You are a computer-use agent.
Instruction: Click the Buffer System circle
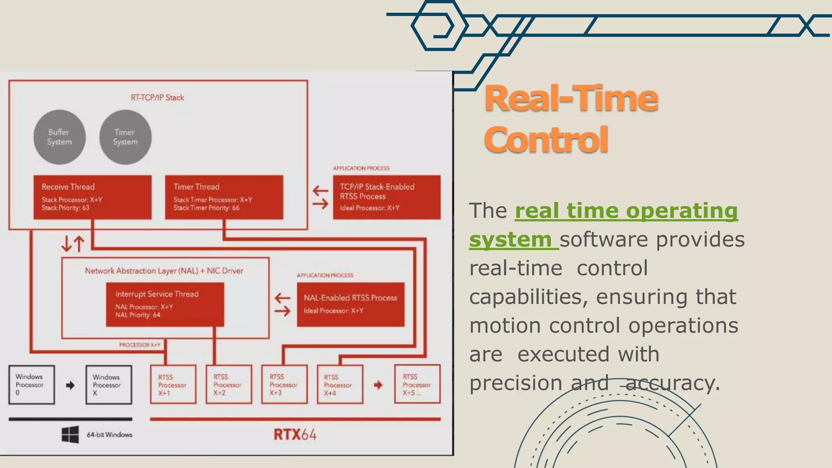[59, 137]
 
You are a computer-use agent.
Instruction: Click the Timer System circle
[125, 137]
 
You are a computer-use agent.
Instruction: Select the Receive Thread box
[93, 197]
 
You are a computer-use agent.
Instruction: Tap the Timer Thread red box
[224, 197]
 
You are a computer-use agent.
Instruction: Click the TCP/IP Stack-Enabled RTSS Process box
[386, 197]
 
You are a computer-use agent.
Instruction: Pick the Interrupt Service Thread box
[165, 305]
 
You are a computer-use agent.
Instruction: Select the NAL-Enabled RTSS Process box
[351, 305]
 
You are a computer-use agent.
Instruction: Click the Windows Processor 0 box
[32, 385]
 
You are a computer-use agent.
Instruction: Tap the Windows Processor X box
[108, 385]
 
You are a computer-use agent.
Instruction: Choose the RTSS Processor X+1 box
[173, 385]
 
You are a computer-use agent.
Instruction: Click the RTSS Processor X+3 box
[284, 385]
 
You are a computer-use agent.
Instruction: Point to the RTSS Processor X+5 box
[417, 385]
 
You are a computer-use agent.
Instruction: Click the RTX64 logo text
[295, 435]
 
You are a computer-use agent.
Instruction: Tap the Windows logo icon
[70, 435]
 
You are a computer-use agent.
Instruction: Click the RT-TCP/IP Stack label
[157, 97]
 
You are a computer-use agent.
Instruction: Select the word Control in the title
[546, 140]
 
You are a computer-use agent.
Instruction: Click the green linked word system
[510, 239]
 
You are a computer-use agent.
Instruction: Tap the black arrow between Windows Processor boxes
[70, 385]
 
